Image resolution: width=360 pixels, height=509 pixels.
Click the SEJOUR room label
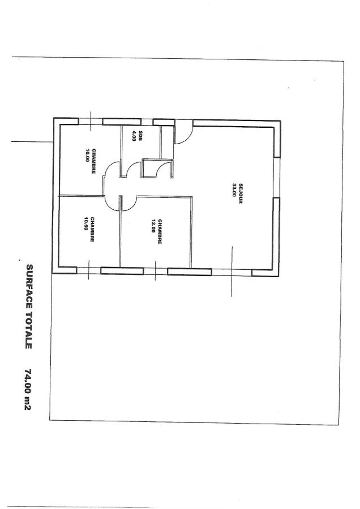click(240, 194)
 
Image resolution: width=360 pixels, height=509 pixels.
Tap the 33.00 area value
click(234, 190)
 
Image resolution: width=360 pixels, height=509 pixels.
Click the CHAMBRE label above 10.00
click(93, 162)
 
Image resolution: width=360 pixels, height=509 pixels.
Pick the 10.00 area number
click(87, 155)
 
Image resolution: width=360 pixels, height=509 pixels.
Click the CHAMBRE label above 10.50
click(92, 229)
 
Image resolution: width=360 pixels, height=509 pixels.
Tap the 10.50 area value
click(86, 224)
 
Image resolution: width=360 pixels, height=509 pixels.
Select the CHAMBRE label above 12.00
click(159, 232)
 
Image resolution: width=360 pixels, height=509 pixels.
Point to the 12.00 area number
click(153, 226)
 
